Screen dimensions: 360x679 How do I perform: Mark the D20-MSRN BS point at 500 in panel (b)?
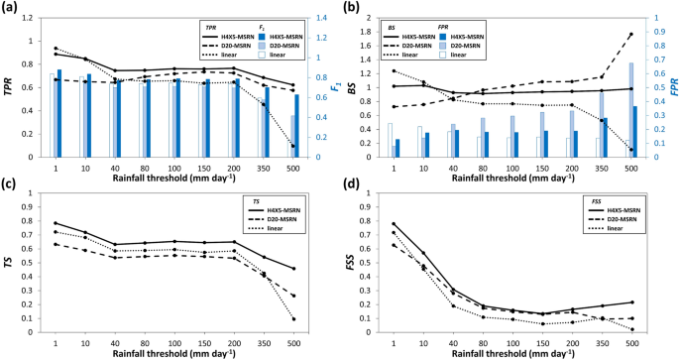point(629,34)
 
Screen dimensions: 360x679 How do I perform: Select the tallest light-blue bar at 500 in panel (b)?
point(629,110)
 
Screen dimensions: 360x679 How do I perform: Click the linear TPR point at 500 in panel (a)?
point(292,146)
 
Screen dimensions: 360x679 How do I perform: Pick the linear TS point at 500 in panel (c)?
point(292,318)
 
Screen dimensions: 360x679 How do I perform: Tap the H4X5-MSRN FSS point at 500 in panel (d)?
point(629,301)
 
